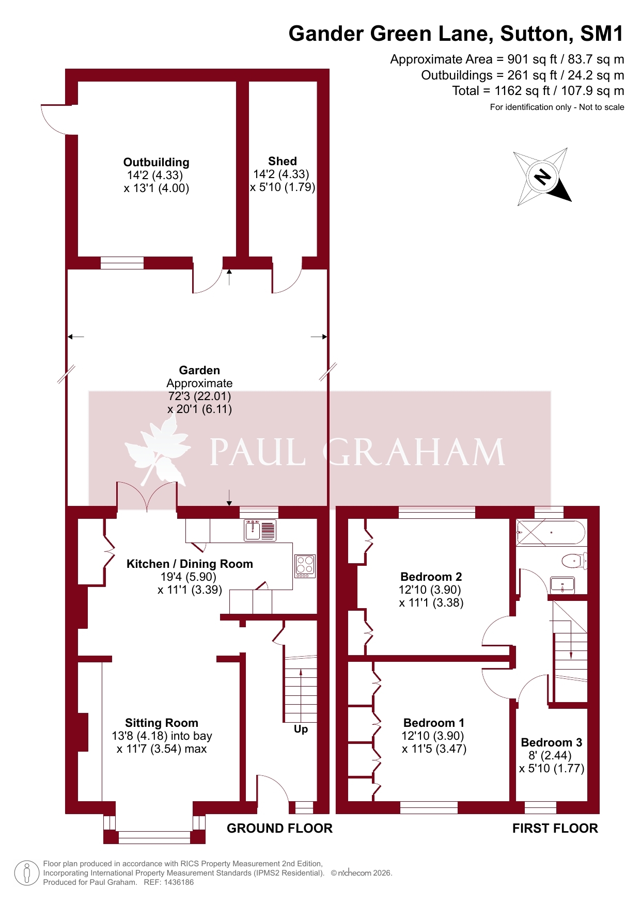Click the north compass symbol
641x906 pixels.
(x=543, y=177)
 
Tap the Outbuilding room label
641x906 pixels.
(x=157, y=163)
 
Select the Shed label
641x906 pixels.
(x=283, y=161)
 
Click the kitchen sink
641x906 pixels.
(x=260, y=530)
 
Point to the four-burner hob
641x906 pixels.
(x=305, y=566)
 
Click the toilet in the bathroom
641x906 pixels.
(x=574, y=561)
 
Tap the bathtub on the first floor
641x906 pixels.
(x=551, y=532)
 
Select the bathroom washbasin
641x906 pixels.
(x=562, y=585)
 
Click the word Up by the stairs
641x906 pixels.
(x=301, y=729)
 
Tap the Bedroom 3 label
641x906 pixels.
(x=551, y=742)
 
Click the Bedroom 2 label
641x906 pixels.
(x=431, y=577)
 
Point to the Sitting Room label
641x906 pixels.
(x=162, y=723)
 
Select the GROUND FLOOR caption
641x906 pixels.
(x=279, y=829)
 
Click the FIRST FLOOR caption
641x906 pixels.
(x=555, y=829)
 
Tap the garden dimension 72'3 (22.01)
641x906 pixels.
(x=199, y=396)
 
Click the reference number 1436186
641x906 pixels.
(x=179, y=882)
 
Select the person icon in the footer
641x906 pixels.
(x=26, y=873)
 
